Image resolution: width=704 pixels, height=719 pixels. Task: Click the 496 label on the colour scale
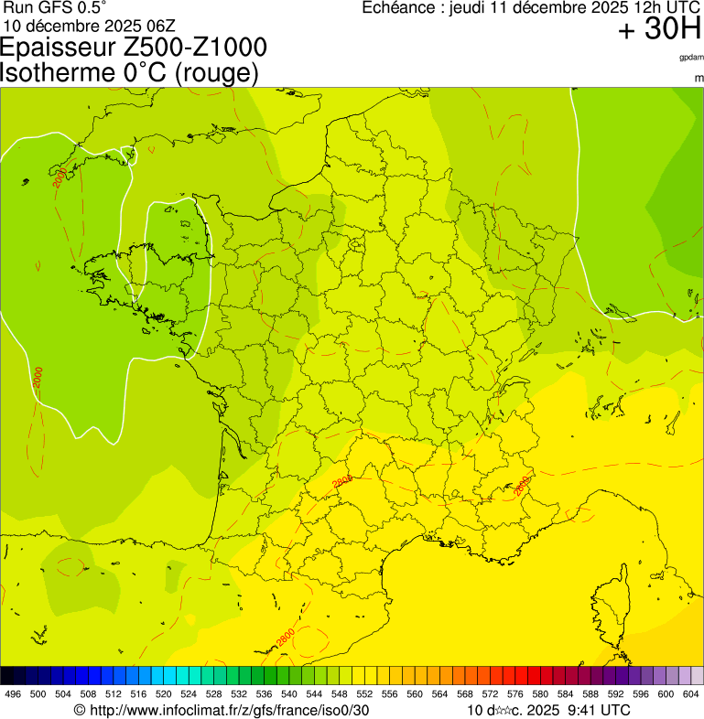pyautogui.click(x=13, y=694)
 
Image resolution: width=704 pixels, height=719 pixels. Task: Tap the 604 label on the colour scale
pyautogui.click(x=691, y=694)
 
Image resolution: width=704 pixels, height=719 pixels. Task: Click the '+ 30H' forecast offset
pyautogui.click(x=659, y=29)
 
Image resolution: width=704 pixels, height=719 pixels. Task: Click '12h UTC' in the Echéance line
pyautogui.click(x=661, y=7)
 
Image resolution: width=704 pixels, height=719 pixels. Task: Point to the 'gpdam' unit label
pyautogui.click(x=691, y=58)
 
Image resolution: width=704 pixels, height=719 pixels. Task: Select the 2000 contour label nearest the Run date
pyautogui.click(x=60, y=178)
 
